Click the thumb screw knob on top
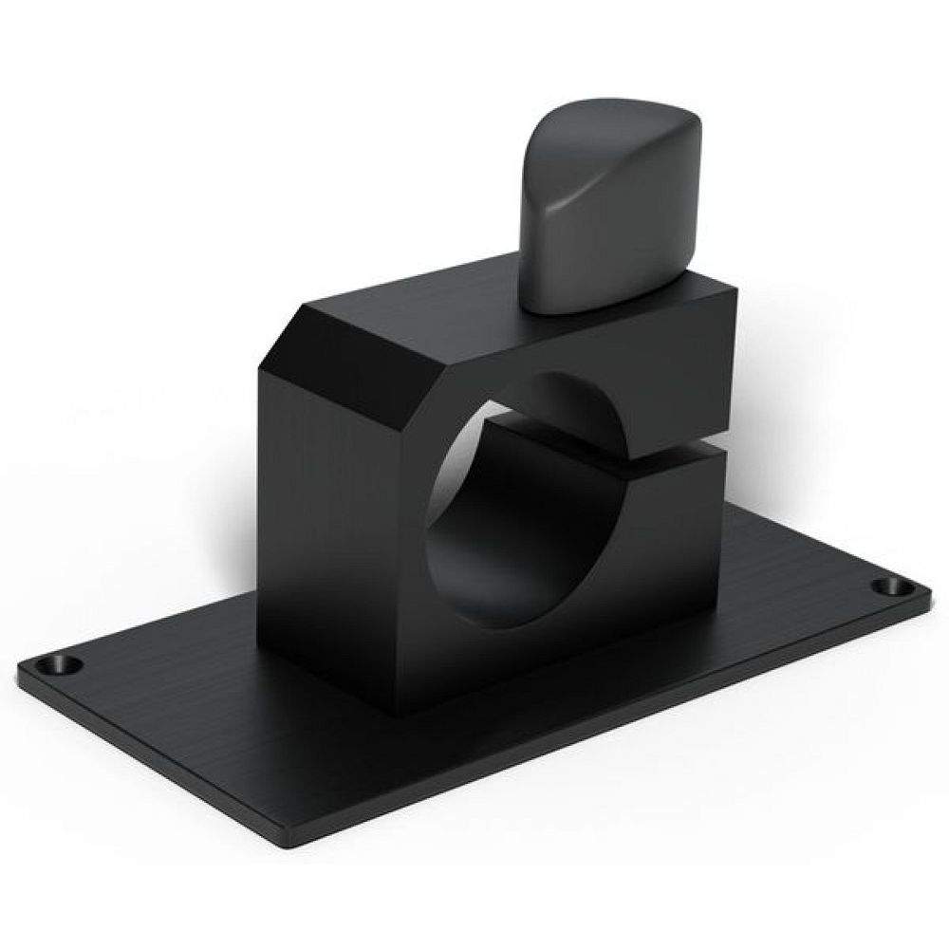click(607, 209)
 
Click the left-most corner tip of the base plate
click(21, 669)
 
